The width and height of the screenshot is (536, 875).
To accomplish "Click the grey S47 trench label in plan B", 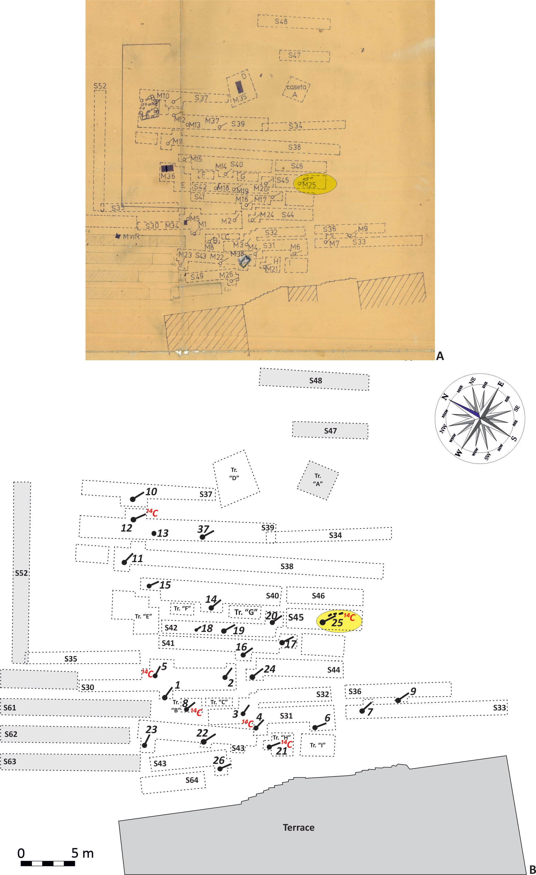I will (330, 431).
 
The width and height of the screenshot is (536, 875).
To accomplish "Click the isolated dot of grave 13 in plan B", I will (154, 533).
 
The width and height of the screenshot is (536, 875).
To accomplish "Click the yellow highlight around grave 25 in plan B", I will (339, 622).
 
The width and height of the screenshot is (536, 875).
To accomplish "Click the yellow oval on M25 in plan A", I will (315, 183).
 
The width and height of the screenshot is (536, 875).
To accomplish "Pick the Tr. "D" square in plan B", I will (236, 478).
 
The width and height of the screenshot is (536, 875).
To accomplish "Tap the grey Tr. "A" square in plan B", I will (318, 480).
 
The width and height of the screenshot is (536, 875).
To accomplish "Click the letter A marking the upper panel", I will (440, 355).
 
